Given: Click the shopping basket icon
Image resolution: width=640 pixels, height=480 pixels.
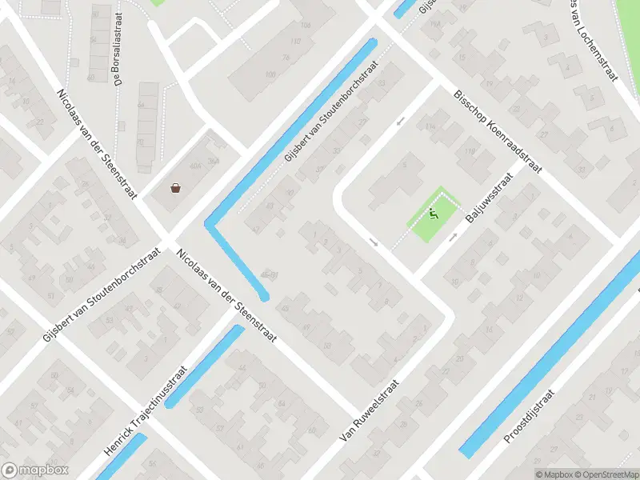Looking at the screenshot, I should click(175, 188).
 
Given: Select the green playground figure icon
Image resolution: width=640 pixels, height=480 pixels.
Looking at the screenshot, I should click(433, 214).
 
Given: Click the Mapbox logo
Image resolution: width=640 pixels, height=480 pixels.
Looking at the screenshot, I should click(35, 470).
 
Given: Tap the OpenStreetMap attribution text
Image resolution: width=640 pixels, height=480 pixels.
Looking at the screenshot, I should click(604, 474).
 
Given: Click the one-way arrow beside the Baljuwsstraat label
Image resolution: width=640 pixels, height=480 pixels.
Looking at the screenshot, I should click(454, 237).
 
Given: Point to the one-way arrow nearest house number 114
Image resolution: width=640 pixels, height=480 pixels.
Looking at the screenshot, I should click(401, 121).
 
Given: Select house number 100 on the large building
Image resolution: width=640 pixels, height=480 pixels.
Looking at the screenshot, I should click(270, 74).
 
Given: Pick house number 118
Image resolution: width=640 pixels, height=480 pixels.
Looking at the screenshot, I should click(470, 151).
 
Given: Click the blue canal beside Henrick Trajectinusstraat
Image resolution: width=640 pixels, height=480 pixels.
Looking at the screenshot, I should click(203, 366).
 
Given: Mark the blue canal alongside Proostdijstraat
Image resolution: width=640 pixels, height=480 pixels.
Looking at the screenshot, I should click(552, 352).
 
